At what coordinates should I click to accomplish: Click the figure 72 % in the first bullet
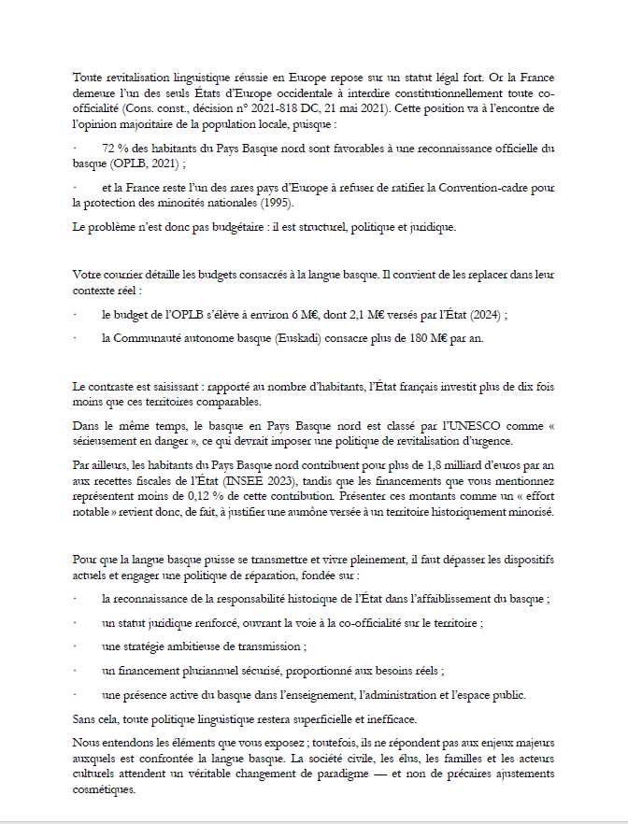point(113,148)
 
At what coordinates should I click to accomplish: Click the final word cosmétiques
point(104,788)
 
